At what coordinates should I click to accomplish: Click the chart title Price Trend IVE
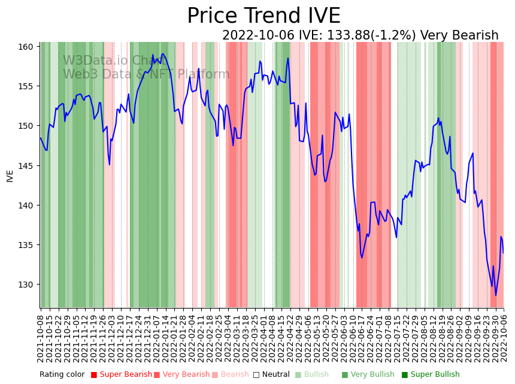[x=263, y=16]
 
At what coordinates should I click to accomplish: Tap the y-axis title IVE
[x=10, y=176]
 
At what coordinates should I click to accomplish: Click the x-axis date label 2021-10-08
[x=41, y=338]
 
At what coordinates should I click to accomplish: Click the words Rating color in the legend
[x=62, y=375]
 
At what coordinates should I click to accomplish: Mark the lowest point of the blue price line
[x=495, y=295]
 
